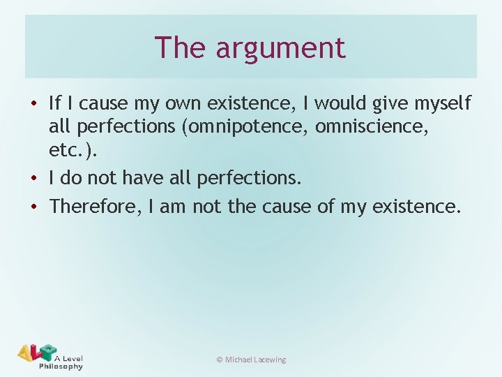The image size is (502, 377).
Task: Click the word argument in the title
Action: coord(280,48)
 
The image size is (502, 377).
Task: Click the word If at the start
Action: coord(56,104)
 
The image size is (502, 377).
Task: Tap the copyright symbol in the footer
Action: coord(219,360)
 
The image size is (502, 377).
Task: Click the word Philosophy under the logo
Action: coord(61,366)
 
